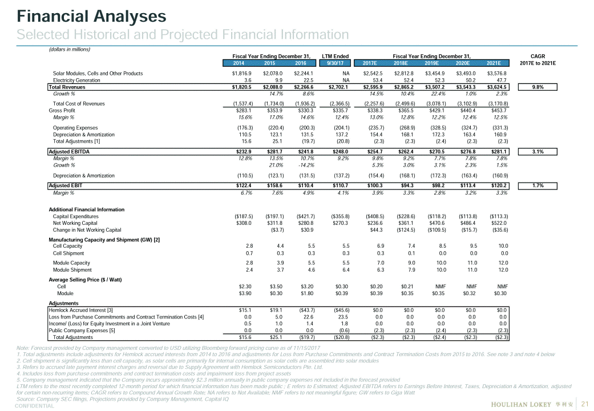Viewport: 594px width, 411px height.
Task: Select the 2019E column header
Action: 434,63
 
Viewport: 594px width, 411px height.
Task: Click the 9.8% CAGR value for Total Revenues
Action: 538,87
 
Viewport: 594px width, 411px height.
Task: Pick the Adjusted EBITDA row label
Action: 69,151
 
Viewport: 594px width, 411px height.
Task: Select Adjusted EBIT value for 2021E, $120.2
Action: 498,186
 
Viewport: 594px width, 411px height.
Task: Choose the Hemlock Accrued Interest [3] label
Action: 81,310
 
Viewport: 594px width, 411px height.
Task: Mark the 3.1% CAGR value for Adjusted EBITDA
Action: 538,151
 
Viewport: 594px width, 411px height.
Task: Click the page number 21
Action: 584,404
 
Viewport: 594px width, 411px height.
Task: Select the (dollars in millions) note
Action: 69,50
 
